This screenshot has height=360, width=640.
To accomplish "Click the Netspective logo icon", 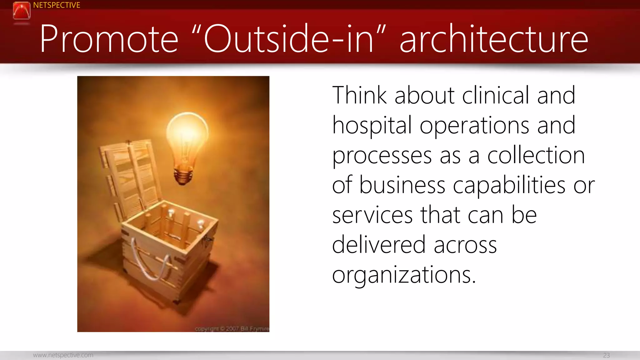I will tap(22, 11).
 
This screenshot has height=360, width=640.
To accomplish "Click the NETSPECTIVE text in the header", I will tap(57, 5).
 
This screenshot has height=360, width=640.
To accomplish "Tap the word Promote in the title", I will tap(109, 39).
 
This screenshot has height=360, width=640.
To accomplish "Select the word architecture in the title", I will tap(494, 39).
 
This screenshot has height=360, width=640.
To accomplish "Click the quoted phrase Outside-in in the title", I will tap(289, 39).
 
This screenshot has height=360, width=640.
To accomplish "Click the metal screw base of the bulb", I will tap(183, 177).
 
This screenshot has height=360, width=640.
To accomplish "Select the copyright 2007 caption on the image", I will tap(231, 328).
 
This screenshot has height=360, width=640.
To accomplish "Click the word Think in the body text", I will tap(359, 95).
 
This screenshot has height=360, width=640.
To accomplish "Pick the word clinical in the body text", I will tap(496, 95).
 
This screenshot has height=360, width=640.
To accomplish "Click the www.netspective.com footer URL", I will tap(63, 355).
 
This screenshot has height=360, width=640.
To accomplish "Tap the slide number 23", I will tap(606, 355).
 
